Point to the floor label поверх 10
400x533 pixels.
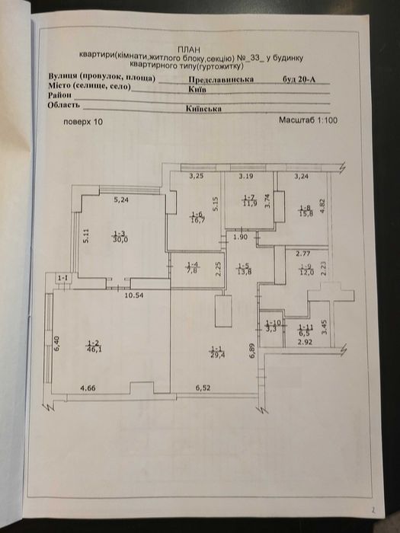point(82,122)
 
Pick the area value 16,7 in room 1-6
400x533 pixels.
point(197,219)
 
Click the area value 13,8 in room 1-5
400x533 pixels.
point(245,272)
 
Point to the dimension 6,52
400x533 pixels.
point(203,389)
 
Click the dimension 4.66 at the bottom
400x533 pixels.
point(89,389)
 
